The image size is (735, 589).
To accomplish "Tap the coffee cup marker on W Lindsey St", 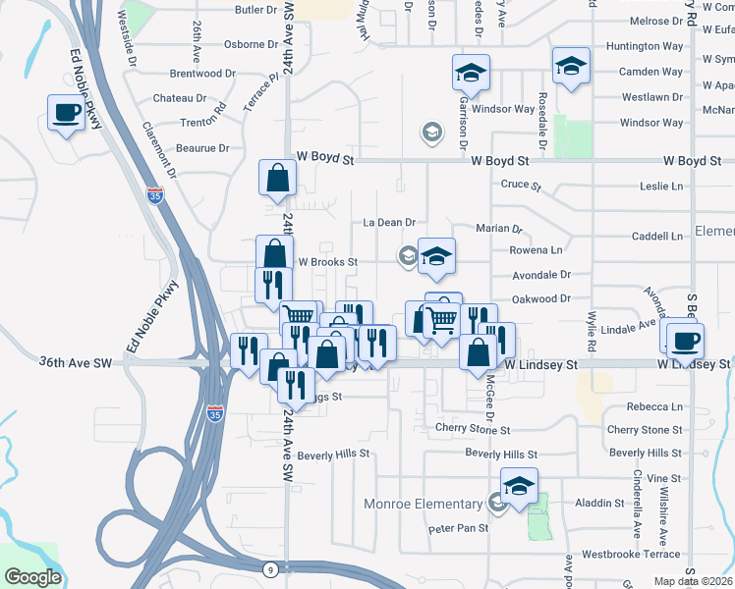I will point(685,340).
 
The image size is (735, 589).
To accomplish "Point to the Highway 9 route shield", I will point(269,568).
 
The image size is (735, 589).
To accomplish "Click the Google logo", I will point(32,577).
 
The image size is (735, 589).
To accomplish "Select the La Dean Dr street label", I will point(390,224).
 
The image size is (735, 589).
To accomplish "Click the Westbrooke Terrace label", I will point(631,554).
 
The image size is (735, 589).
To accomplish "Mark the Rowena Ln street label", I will point(536,250).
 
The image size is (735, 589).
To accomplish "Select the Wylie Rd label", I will point(592,333).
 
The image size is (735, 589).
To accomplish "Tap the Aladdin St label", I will point(599,503).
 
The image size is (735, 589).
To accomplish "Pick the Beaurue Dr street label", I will point(203,148).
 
